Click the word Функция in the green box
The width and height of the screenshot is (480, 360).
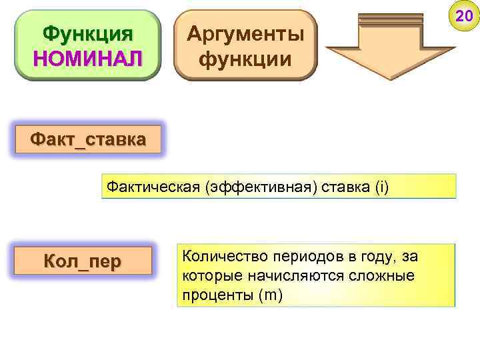[87, 34]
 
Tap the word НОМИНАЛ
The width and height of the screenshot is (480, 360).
[87, 59]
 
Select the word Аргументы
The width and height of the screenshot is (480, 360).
[245, 33]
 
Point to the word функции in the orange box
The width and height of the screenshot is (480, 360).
[245, 59]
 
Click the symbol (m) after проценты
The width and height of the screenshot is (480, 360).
[270, 295]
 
